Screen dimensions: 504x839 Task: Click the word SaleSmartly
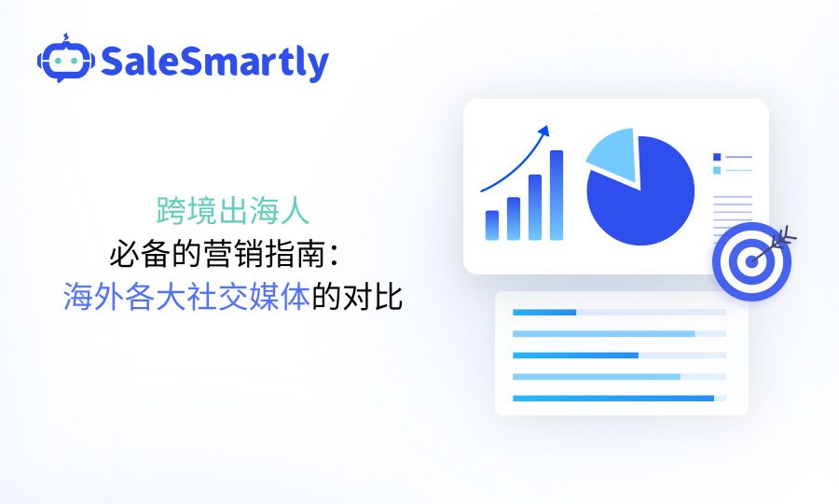[214, 62]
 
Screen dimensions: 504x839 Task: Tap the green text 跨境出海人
[232, 212]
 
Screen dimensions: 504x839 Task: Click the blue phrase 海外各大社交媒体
[186, 298]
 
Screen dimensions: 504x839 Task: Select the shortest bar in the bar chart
[492, 224]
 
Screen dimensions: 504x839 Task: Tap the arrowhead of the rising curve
[543, 129]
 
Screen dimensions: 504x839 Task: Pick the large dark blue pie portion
[643, 201]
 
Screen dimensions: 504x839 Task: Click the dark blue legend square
[717, 157]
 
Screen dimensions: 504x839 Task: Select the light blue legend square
[717, 170]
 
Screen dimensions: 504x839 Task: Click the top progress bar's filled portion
[544, 312]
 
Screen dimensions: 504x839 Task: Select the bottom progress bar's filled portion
[612, 399]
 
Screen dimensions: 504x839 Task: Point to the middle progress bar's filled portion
[575, 356]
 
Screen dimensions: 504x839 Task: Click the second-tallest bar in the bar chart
[535, 206]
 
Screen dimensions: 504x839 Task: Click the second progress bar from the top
[603, 333]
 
